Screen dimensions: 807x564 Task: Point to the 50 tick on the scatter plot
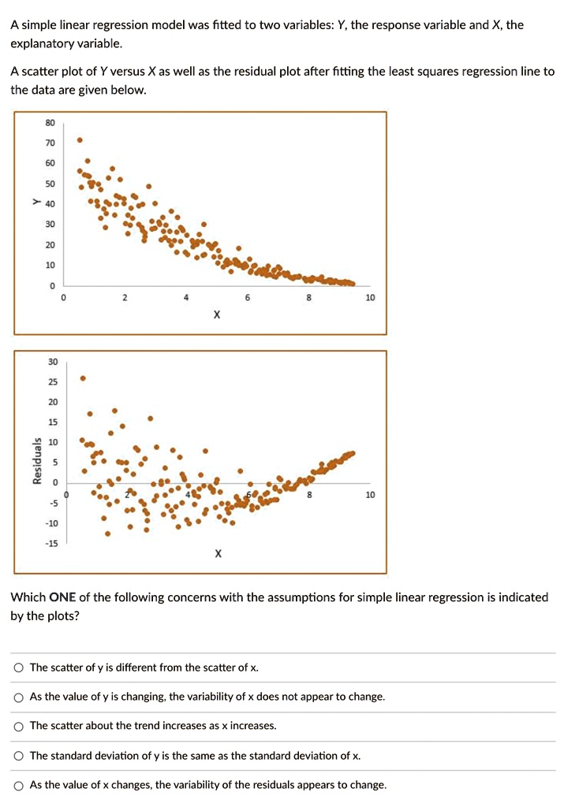pyautogui.click(x=50, y=184)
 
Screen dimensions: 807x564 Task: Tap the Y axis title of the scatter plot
pyautogui.click(x=35, y=203)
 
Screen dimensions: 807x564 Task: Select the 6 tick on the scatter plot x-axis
pyautogui.click(x=247, y=298)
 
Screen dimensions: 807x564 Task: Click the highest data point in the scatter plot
pyautogui.click(x=79, y=140)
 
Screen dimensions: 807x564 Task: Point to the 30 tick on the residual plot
pyautogui.click(x=52, y=362)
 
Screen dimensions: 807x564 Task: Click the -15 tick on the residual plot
pyautogui.click(x=51, y=543)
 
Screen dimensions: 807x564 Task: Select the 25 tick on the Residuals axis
pyautogui.click(x=52, y=382)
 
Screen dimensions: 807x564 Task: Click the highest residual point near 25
pyautogui.click(x=83, y=378)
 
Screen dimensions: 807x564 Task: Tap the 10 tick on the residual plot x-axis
pyautogui.click(x=371, y=495)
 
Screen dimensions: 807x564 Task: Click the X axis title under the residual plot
pyautogui.click(x=219, y=554)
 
